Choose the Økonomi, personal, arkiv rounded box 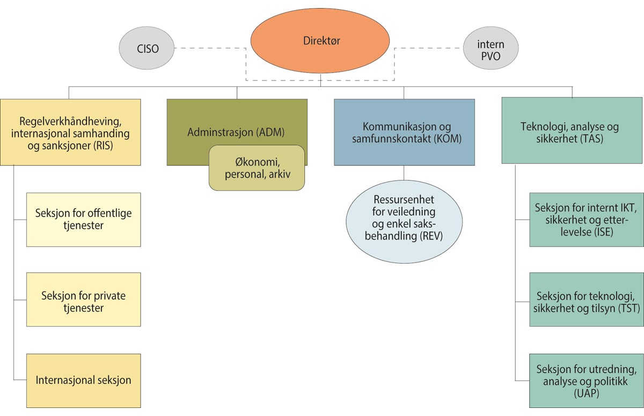coord(257,167)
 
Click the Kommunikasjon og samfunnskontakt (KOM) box coord(404,132)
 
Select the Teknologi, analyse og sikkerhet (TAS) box coord(572,130)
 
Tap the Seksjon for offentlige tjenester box coord(84,219)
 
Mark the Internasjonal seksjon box coord(84,379)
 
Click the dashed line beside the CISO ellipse coord(209,49)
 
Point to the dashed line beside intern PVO coord(429,49)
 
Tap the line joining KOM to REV coord(404,172)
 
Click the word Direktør coord(321,40)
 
